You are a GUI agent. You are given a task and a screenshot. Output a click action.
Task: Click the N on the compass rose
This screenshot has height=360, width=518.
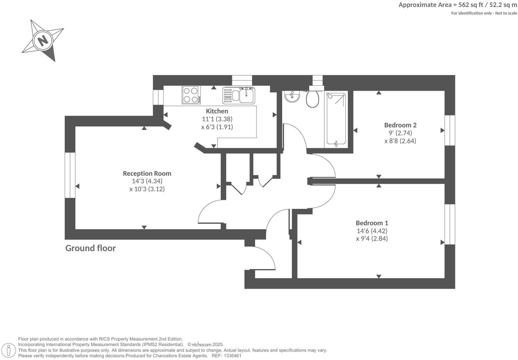point(43,41)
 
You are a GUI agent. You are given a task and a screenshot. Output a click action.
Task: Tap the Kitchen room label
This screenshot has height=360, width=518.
point(217,111)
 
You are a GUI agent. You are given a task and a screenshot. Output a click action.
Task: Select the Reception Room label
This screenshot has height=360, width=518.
point(147,173)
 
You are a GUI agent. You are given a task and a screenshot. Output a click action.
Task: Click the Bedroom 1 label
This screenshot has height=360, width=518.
point(372,223)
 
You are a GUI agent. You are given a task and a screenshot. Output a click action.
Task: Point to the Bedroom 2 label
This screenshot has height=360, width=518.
point(400,125)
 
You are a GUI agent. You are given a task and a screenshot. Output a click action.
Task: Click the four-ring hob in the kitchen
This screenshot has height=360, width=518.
point(191,95)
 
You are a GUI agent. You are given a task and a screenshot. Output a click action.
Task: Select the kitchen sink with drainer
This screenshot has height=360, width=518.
point(238,95)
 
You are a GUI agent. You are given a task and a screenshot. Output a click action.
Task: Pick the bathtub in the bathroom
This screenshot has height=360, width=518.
point(336,119)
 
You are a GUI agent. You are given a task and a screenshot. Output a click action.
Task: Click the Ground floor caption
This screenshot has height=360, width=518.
point(90,248)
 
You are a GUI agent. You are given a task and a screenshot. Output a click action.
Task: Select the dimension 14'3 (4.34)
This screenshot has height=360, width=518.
point(147,181)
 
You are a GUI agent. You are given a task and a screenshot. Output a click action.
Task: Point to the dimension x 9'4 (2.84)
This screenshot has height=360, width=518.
point(372,239)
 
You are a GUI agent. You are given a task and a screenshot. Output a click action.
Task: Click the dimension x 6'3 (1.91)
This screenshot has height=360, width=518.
point(217,127)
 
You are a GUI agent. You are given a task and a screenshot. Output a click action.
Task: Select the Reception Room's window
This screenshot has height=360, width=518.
point(70,175)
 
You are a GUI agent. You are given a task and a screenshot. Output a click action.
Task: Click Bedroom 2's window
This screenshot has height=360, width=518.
point(450,130)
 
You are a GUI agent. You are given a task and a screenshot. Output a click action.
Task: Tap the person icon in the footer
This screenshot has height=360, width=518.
point(9,350)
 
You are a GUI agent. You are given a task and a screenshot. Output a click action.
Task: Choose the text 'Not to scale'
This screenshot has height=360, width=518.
point(505,13)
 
